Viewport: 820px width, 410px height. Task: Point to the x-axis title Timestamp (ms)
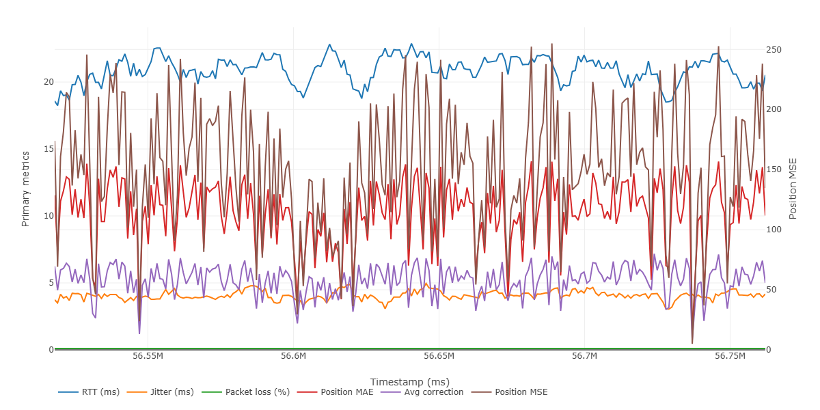[x=409, y=381]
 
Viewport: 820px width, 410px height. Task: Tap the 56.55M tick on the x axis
[x=148, y=357]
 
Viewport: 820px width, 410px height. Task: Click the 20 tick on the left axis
[x=49, y=82]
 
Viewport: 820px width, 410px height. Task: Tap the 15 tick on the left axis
[x=49, y=149]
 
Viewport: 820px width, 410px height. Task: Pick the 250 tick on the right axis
[x=774, y=50]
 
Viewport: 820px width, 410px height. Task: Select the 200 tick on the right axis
[x=774, y=109]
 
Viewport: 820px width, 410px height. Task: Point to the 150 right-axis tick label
[x=774, y=169]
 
